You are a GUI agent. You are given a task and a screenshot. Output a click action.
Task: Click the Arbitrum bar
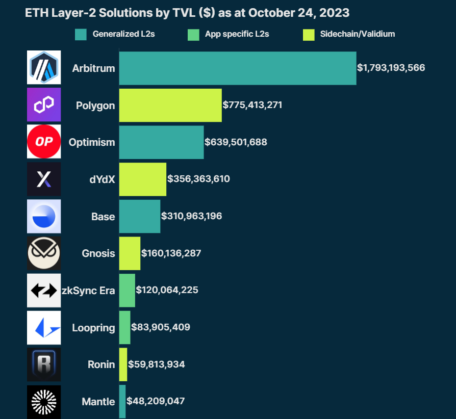238,68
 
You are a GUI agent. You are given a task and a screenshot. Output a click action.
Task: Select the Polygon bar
170,106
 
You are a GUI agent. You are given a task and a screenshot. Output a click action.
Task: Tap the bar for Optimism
162,142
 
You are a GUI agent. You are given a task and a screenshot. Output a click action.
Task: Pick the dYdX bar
143,179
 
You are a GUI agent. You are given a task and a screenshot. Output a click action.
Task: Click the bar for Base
140,216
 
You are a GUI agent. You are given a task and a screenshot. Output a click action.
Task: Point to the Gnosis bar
130,253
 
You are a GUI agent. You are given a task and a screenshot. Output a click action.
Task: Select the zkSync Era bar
127,290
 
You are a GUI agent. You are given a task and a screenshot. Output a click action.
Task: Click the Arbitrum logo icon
44,68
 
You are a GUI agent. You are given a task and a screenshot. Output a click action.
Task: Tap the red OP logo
44,142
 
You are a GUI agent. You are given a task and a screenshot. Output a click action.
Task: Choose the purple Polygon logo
44,105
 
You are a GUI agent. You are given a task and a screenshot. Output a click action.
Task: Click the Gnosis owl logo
44,253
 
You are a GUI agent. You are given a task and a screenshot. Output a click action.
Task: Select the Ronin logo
44,364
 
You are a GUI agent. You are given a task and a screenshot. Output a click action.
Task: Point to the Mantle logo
44,401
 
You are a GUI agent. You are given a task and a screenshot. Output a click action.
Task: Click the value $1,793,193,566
391,68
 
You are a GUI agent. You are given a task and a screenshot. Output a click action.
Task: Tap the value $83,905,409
161,327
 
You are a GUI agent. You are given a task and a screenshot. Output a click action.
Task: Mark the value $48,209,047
156,401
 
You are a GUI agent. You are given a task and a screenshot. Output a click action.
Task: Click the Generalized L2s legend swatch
81,35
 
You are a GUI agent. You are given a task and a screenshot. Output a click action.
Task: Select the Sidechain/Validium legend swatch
309,35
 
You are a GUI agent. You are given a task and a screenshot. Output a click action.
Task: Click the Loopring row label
93,328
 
